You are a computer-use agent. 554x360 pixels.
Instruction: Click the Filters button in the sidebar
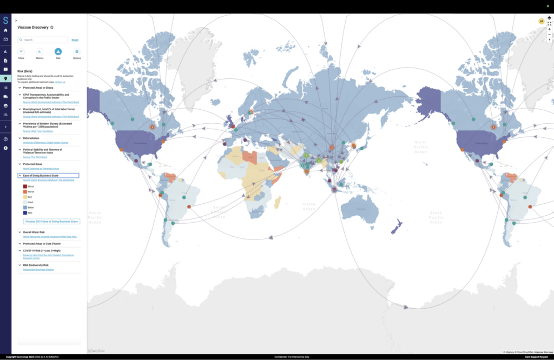coord(21,51)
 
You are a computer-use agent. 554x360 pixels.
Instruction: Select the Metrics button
coord(39,51)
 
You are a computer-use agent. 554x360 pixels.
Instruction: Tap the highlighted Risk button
coord(58,51)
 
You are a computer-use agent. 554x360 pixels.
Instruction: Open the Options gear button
coord(76,51)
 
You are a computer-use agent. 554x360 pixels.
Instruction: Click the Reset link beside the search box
coord(75,40)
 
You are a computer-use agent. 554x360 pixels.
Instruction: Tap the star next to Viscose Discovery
coord(52,27)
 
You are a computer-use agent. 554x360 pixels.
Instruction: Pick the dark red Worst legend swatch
coord(25,186)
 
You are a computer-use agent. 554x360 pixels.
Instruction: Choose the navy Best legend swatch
coord(25,213)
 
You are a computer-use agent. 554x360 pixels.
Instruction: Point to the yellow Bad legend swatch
coord(25,197)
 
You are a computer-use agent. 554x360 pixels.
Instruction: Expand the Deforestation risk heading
coord(32,138)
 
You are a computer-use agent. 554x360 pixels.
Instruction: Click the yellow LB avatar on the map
coord(540,21)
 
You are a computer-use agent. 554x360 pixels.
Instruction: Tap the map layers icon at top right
coord(549,18)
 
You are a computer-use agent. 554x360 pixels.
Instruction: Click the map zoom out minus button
coord(549,34)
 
